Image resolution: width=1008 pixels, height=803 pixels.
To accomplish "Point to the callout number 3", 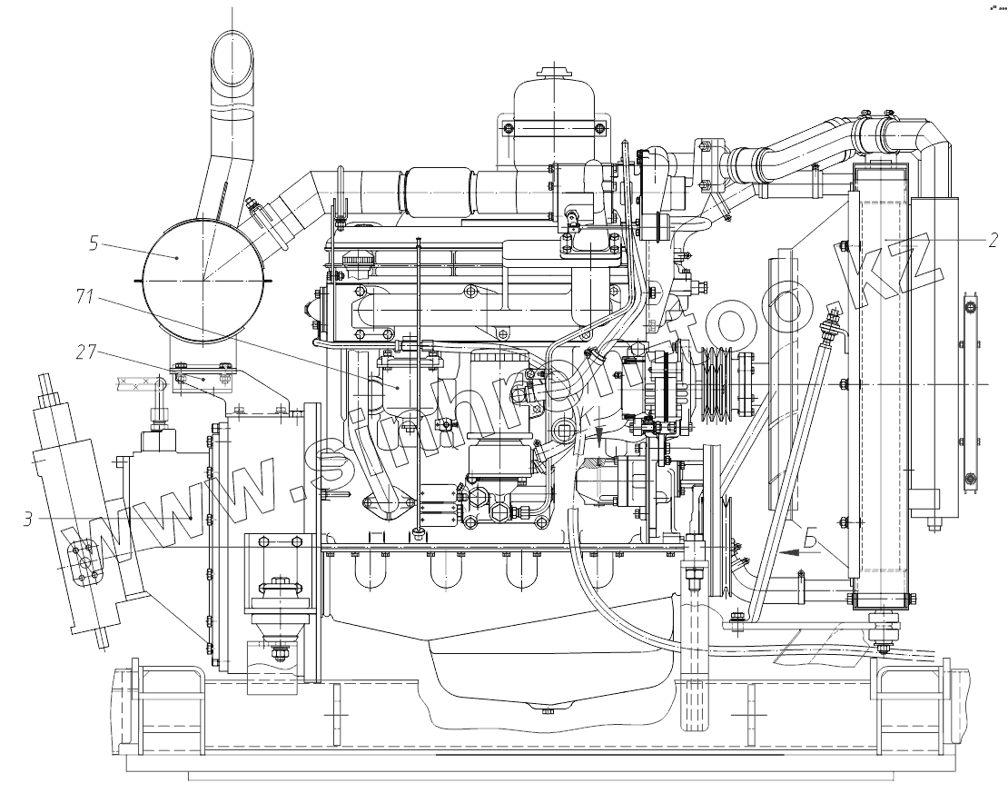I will pyautogui.click(x=30, y=520).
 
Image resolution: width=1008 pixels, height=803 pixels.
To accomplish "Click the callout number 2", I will pyautogui.click(x=993, y=240).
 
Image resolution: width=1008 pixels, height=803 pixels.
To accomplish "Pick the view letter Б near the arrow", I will pyautogui.click(x=810, y=543).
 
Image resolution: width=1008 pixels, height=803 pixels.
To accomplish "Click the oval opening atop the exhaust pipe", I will pyautogui.click(x=232, y=59).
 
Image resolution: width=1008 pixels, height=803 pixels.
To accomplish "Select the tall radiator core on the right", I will pyautogui.click(x=879, y=382).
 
